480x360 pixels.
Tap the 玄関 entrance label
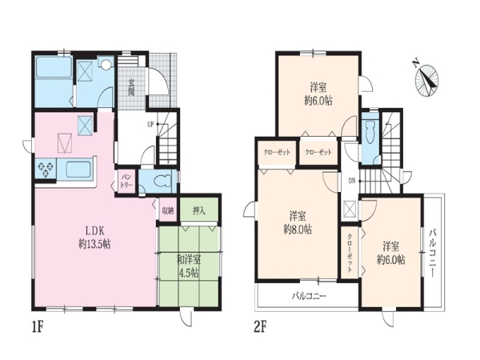click(132, 87)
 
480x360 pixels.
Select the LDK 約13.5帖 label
click(94, 238)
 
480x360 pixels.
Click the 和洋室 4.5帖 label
click(189, 266)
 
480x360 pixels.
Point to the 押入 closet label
click(199, 210)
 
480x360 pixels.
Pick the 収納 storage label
click(168, 210)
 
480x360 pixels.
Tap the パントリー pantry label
click(126, 181)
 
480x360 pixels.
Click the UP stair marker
click(150, 124)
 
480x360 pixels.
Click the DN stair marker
click(352, 181)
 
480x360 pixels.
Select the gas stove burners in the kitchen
click(46, 168)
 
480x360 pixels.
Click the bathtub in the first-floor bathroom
click(54, 67)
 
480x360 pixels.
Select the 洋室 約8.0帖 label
click(298, 223)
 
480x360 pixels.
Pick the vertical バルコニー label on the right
click(432, 253)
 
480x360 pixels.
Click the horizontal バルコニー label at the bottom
click(309, 296)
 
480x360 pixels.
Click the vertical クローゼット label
click(350, 253)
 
